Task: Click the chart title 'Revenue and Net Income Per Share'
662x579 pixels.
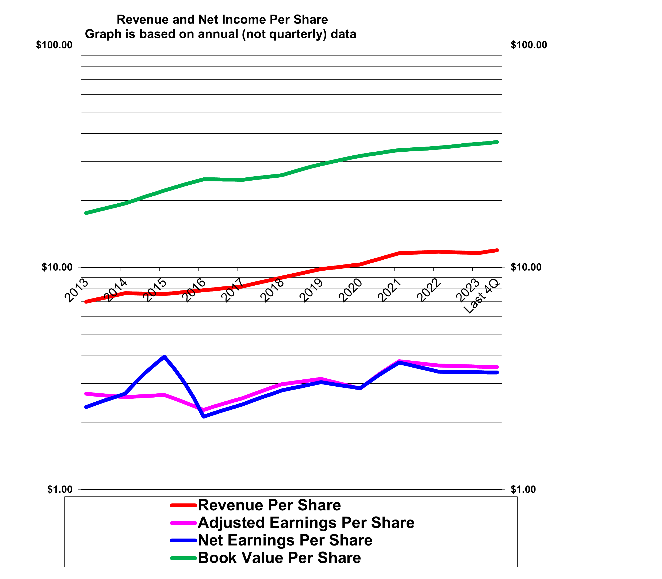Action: (x=222, y=20)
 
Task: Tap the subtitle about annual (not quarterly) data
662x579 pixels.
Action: (x=221, y=34)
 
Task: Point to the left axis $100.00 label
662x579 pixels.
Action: (x=54, y=45)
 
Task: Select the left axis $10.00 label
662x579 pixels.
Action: (x=57, y=267)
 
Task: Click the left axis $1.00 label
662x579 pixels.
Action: (x=60, y=490)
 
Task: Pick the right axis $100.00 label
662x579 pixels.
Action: (x=529, y=45)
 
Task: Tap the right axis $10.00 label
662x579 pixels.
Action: (x=526, y=267)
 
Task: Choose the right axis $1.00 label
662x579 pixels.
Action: (x=523, y=490)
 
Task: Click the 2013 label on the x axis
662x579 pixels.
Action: (x=77, y=290)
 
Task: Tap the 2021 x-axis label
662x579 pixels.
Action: (x=390, y=290)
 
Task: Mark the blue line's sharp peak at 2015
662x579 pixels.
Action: (x=164, y=357)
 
